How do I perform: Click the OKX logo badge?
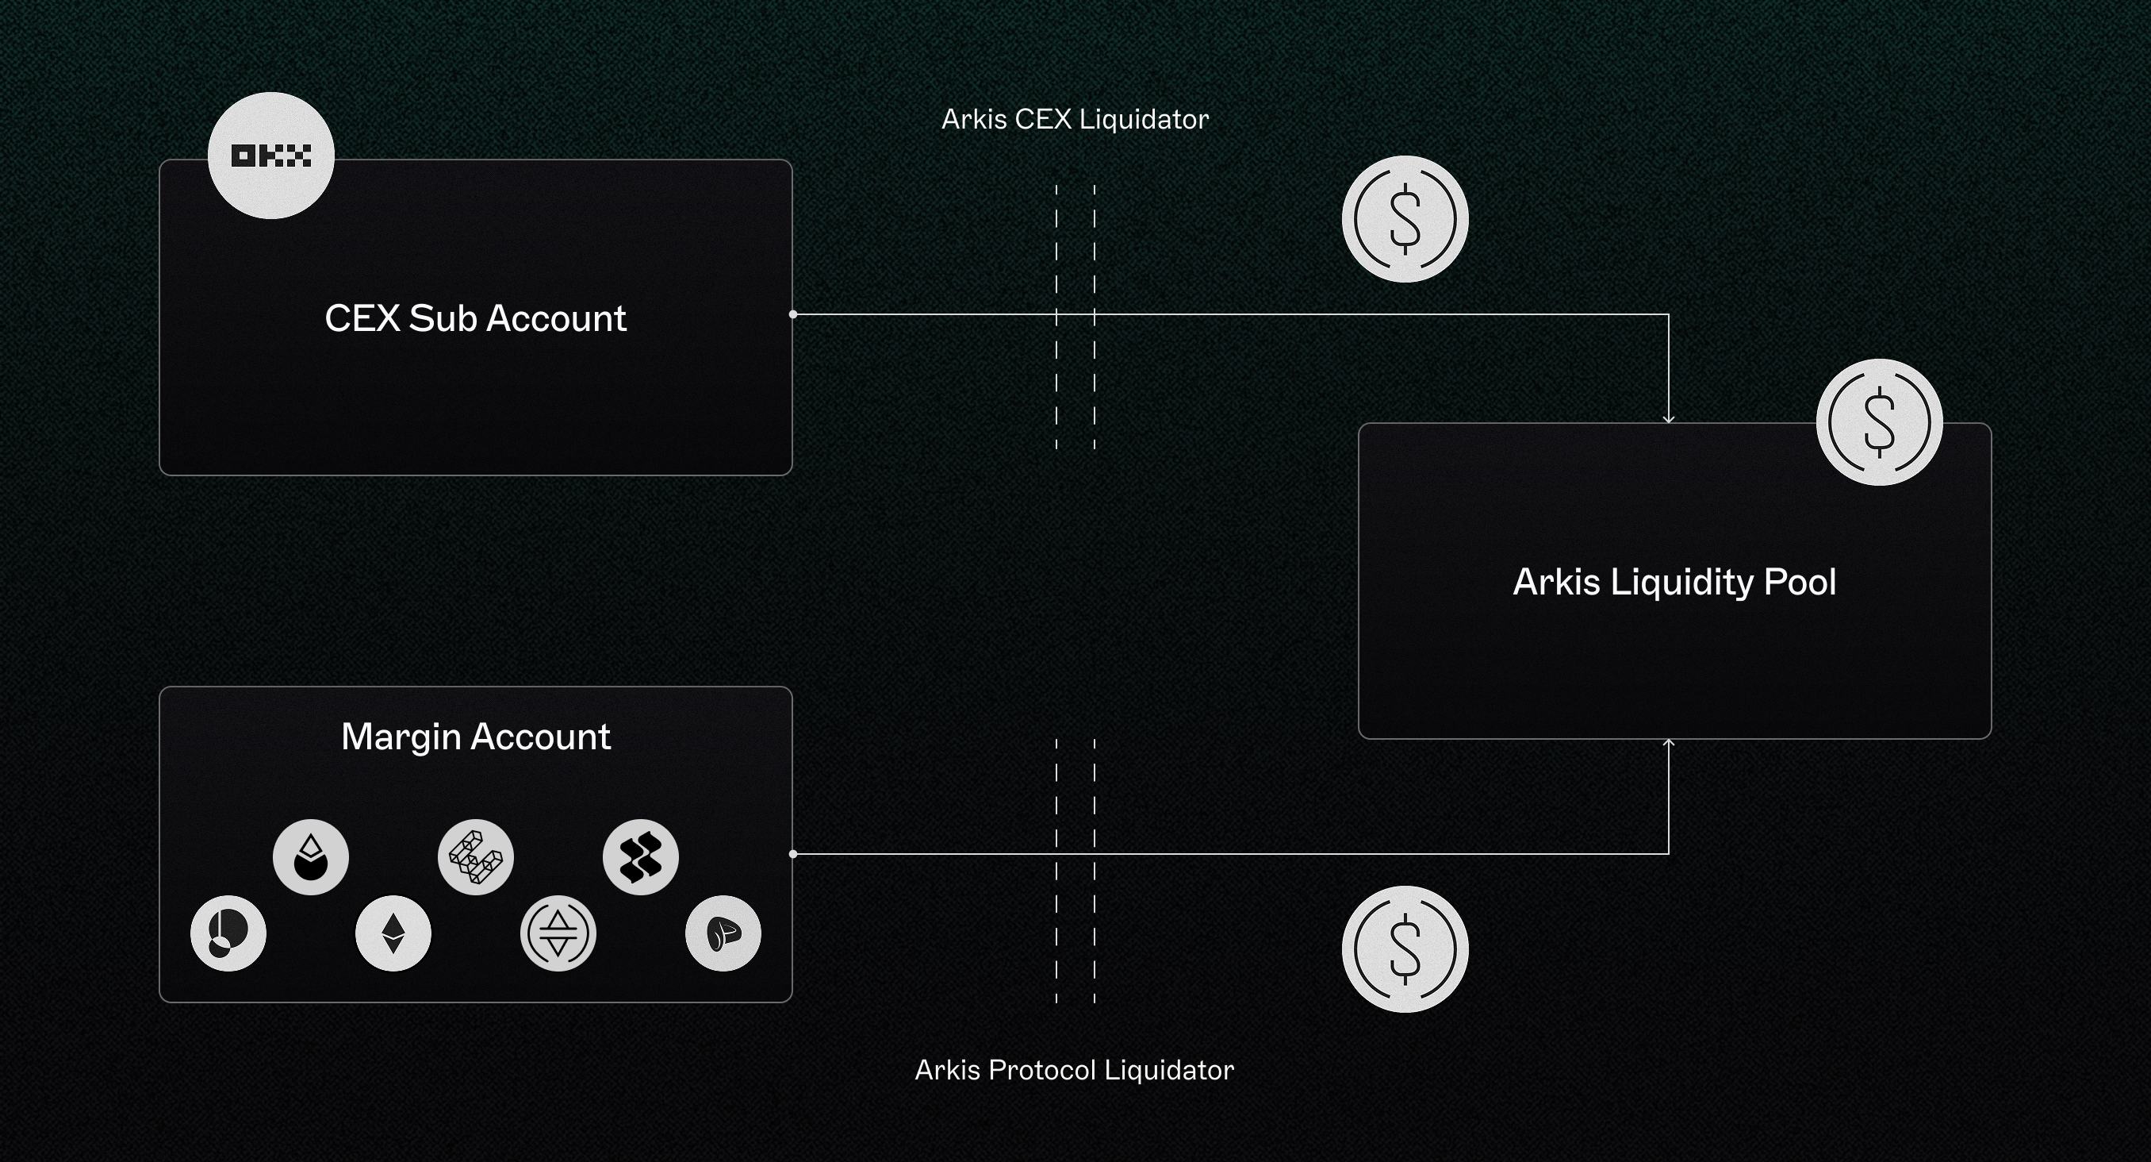(x=270, y=156)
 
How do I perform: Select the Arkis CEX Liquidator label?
(x=1075, y=120)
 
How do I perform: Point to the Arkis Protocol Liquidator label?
(x=1074, y=1070)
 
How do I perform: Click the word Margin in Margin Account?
(x=401, y=737)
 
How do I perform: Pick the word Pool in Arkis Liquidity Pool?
(x=1800, y=583)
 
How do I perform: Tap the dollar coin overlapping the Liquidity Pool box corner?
(x=1879, y=422)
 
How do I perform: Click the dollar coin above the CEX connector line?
(x=1405, y=219)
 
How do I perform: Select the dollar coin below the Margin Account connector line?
(x=1405, y=949)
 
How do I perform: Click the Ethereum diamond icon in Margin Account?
(x=393, y=933)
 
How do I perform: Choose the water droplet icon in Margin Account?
(x=311, y=857)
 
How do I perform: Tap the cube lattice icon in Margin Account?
(x=476, y=857)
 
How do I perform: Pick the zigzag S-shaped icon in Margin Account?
(x=640, y=857)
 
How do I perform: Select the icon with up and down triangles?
(x=558, y=933)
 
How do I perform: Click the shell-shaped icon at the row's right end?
(x=723, y=933)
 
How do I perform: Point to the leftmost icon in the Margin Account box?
(x=228, y=933)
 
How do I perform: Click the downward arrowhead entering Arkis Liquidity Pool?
(x=1668, y=418)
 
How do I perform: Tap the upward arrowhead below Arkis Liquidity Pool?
(x=1668, y=744)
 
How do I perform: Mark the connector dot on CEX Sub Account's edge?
(x=793, y=315)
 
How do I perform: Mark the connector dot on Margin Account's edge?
(x=793, y=854)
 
